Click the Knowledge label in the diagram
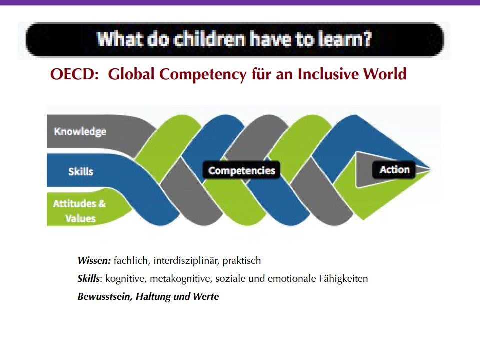[80, 131]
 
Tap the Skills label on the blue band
[81, 171]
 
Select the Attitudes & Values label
[79, 211]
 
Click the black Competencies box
[242, 170]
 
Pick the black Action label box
[394, 170]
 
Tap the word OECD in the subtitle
[74, 74]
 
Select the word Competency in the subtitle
[203, 75]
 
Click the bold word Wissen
[94, 261]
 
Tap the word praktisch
[242, 261]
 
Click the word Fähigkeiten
[343, 279]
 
